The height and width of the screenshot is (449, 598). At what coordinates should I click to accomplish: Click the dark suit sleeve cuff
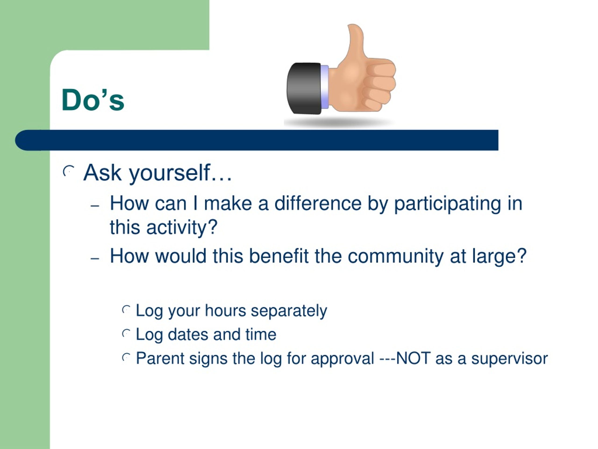(x=304, y=88)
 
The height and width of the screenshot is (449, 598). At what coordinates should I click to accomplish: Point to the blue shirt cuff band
(x=325, y=87)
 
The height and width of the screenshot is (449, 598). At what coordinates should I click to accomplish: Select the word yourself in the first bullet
(x=170, y=173)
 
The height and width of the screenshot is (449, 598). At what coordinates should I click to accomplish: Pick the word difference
(x=318, y=203)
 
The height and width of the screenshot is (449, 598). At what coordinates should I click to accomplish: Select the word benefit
(x=278, y=256)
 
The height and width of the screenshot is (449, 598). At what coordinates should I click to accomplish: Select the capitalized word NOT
(x=413, y=358)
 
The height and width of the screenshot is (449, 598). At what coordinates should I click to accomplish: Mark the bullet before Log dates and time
(x=126, y=333)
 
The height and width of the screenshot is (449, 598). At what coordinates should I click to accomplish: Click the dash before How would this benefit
(x=95, y=258)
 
